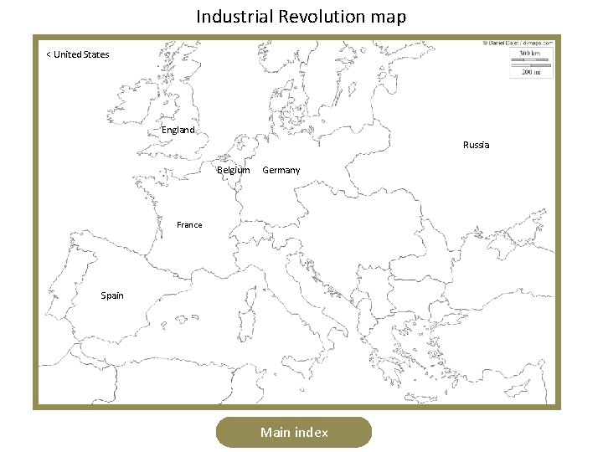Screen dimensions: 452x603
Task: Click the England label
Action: pyautogui.click(x=178, y=130)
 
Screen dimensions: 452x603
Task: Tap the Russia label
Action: pyautogui.click(x=476, y=145)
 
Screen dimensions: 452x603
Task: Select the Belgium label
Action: pyautogui.click(x=234, y=170)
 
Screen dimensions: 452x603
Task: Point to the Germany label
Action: pyautogui.click(x=281, y=170)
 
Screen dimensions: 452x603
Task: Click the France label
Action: pyautogui.click(x=189, y=224)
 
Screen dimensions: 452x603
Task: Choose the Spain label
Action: pyautogui.click(x=112, y=295)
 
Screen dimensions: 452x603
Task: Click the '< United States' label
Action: pyautogui.click(x=77, y=54)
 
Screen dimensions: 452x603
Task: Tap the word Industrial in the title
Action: pyautogui.click(x=229, y=16)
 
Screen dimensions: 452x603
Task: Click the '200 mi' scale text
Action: pyautogui.click(x=531, y=72)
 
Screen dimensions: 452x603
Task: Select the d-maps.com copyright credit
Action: pyautogui.click(x=519, y=42)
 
